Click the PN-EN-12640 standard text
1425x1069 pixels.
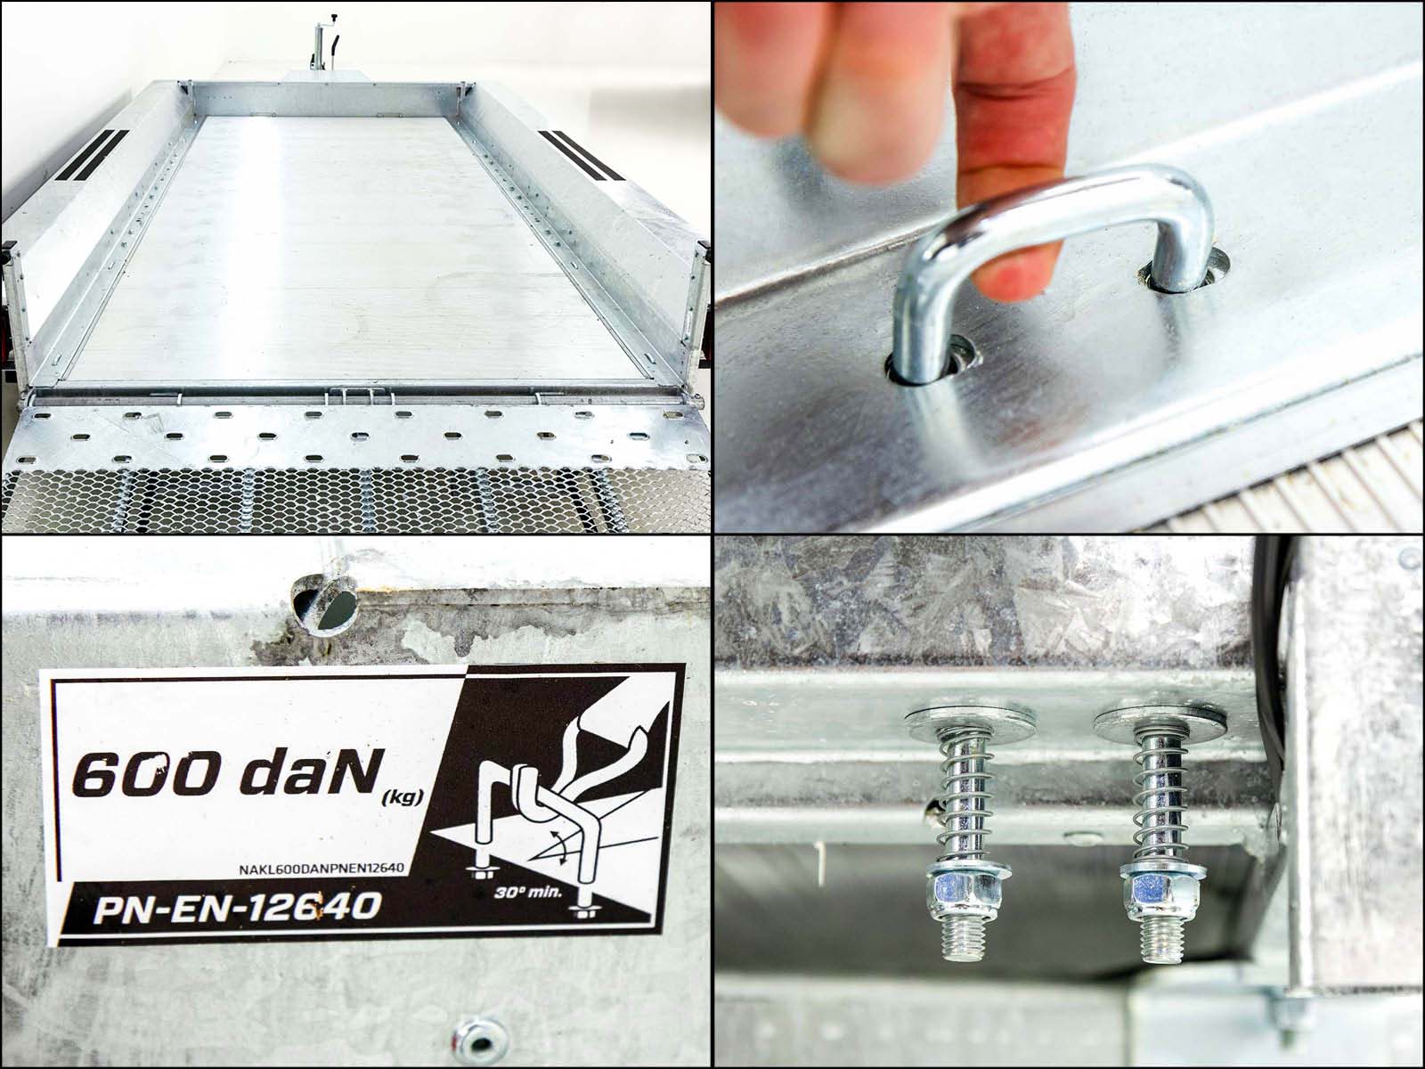236,908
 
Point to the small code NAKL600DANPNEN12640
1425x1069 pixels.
322,869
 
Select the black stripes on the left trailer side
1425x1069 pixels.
97,155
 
